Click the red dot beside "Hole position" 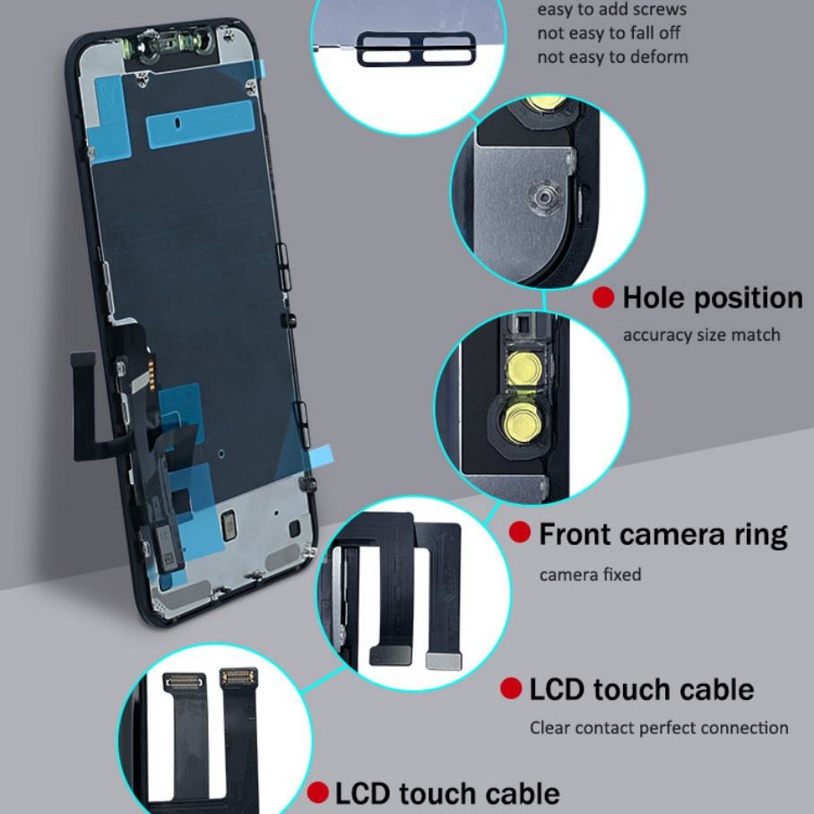603,298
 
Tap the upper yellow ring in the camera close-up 519,365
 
